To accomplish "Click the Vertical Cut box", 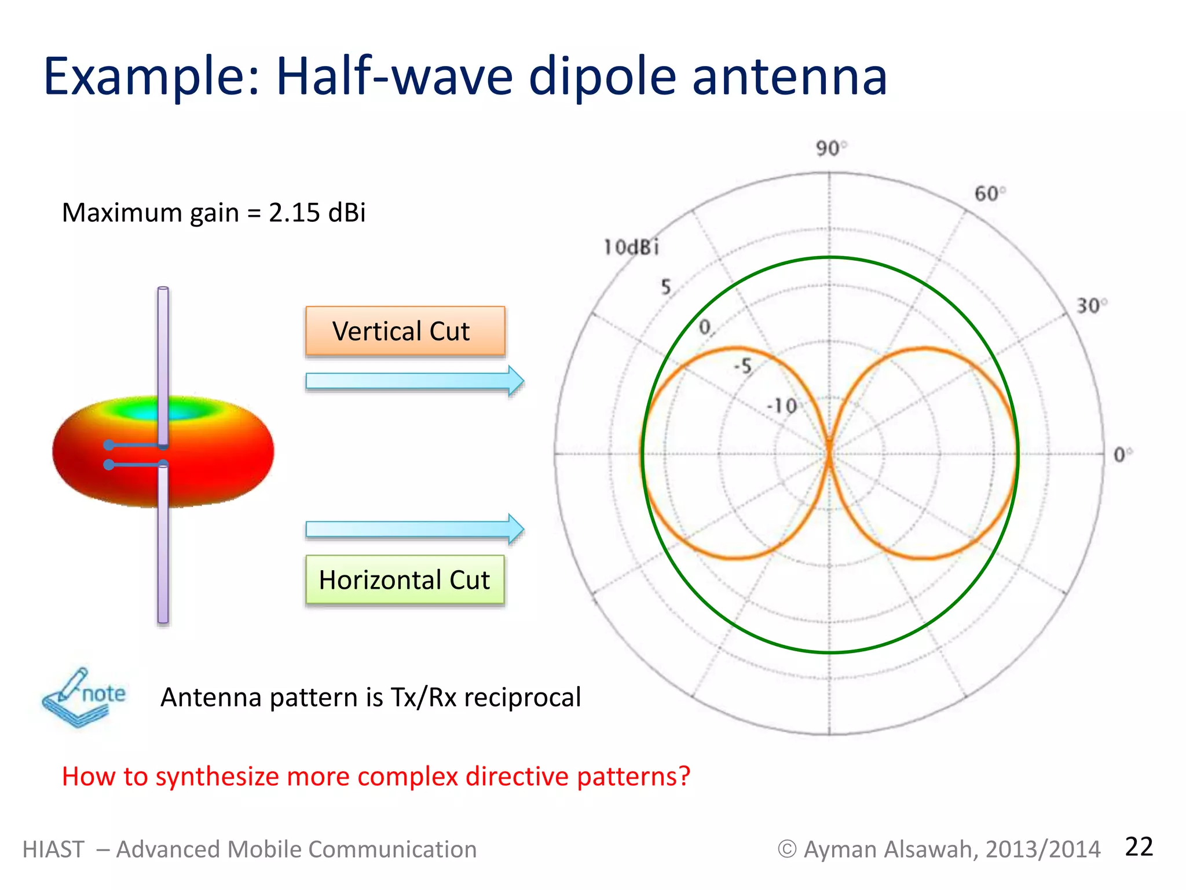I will pos(405,331).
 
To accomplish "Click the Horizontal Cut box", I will pos(405,580).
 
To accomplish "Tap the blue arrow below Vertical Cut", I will pos(414,381).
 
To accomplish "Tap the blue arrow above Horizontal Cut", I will pos(414,529).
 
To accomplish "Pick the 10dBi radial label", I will pos(631,247).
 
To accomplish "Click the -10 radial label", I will pos(782,406).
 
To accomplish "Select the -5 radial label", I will pos(743,366).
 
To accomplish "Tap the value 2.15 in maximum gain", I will pos(294,213).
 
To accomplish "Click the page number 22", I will pos(1139,847).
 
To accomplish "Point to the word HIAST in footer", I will pos(53,849).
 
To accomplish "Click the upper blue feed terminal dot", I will pos(109,445).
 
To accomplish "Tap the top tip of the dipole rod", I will pos(163,289).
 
